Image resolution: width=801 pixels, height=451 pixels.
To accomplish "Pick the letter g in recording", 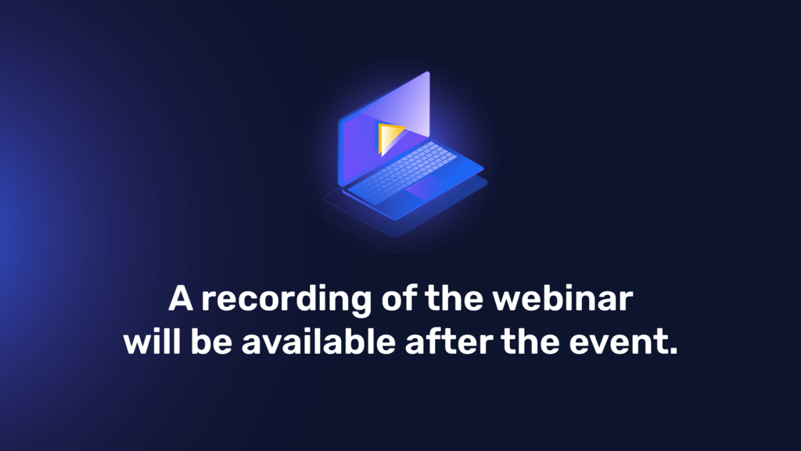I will point(359,303).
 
